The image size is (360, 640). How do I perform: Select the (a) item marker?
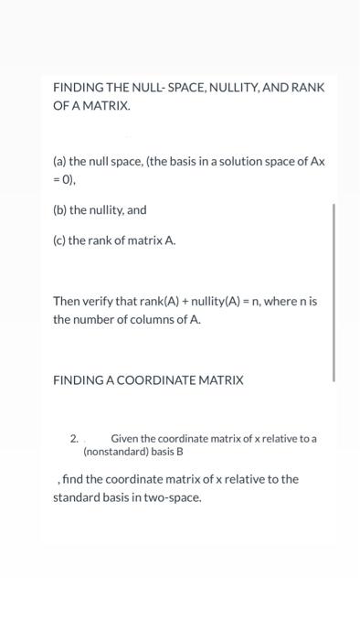pyautogui.click(x=60, y=161)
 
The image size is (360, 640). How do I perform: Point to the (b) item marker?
pyautogui.click(x=60, y=210)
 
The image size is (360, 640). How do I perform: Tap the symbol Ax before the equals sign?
pyautogui.click(x=316, y=161)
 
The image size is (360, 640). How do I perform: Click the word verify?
pyautogui.click(x=101, y=301)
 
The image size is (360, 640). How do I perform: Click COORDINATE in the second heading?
pyautogui.click(x=164, y=379)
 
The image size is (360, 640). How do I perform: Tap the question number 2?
pyautogui.click(x=74, y=439)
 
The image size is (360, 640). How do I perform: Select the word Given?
pyautogui.click(x=125, y=439)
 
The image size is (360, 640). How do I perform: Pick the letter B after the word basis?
pyautogui.click(x=180, y=452)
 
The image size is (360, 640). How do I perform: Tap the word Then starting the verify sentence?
pyautogui.click(x=67, y=301)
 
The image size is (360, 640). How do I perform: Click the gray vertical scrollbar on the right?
pyautogui.click(x=334, y=293)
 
